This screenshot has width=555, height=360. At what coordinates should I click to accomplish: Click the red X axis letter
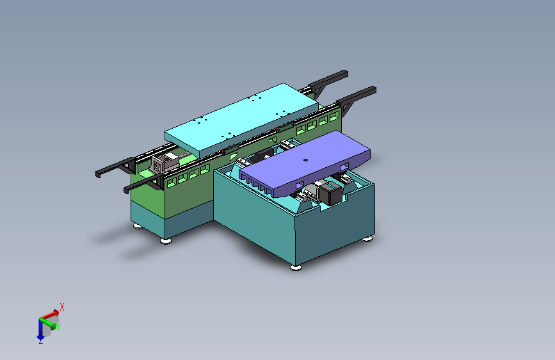(62, 307)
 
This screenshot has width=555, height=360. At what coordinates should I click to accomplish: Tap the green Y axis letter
(58, 325)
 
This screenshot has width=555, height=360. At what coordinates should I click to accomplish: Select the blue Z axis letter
(41, 341)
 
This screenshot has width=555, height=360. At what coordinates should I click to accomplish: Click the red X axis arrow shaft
(49, 315)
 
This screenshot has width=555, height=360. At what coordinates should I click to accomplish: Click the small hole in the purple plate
(306, 160)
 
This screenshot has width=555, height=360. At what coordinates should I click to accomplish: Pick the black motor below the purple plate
(330, 194)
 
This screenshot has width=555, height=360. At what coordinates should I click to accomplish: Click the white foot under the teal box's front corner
(296, 268)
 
